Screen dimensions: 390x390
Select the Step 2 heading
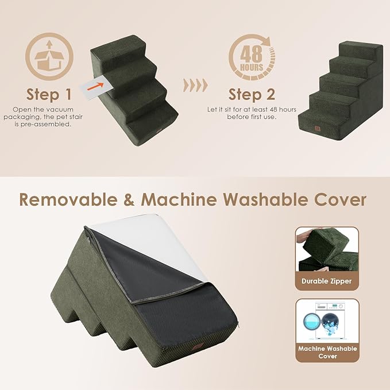tap(252, 94)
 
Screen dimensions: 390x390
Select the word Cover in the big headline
tap(340, 200)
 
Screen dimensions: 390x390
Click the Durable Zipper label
tap(327, 281)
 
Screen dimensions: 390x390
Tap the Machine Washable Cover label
tap(327, 353)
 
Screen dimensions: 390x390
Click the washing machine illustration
tap(327, 321)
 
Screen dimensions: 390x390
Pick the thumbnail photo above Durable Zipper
tap(327, 249)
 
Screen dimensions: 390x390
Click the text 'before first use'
tap(251, 117)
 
